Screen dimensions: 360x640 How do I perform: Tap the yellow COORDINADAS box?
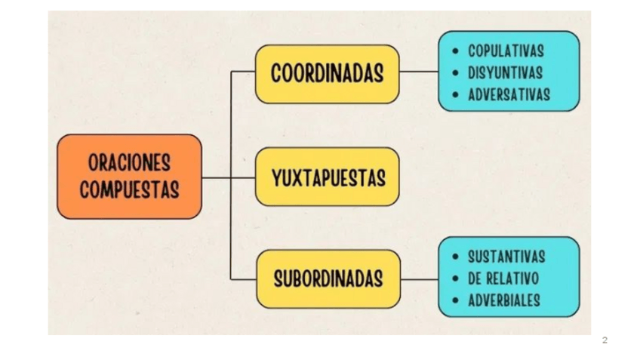tap(327, 74)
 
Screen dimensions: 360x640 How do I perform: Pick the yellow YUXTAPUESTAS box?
tap(327, 178)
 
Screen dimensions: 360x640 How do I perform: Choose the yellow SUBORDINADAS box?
tap(327, 279)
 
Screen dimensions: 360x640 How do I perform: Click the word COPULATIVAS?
tap(506, 51)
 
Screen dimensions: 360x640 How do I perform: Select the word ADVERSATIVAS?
tap(509, 95)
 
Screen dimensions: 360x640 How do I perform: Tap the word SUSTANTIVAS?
tap(506, 257)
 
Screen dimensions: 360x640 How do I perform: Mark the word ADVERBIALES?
tap(504, 300)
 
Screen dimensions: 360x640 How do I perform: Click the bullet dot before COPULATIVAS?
tap(454, 52)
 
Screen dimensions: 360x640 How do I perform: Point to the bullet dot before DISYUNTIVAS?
tap(454, 74)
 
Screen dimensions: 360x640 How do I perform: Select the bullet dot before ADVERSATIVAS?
tap(454, 96)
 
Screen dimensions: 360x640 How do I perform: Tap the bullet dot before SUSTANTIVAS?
tap(454, 257)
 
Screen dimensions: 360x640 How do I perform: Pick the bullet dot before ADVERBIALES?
tap(454, 301)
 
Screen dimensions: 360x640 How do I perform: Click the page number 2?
tap(605, 340)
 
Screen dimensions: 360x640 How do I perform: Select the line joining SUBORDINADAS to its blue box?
tap(419, 278)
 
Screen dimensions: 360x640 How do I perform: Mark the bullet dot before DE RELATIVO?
tap(454, 279)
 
